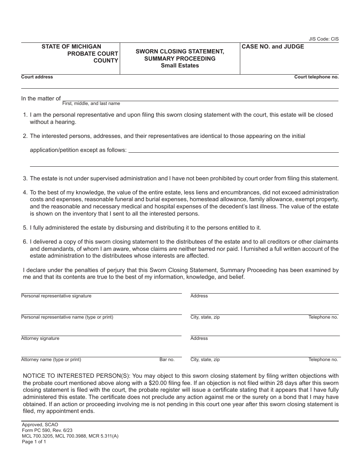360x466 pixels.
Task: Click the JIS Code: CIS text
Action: [324, 39]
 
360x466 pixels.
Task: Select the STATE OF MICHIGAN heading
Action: [71, 47]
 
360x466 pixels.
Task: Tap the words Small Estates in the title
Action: [180, 66]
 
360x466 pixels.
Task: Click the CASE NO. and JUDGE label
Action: [273, 47]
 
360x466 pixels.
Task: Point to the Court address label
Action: [37, 77]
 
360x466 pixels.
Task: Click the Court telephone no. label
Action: [316, 77]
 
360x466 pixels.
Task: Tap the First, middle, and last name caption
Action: [91, 103]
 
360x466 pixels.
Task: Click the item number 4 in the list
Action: [25, 192]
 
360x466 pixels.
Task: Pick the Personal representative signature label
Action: [56, 296]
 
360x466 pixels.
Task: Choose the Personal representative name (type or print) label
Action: [67, 317]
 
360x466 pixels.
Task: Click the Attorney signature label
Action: [40, 338]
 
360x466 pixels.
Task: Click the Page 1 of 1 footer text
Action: [34, 441]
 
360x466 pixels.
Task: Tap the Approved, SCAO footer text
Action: [40, 425]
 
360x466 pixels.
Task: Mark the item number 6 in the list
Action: [25, 242]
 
